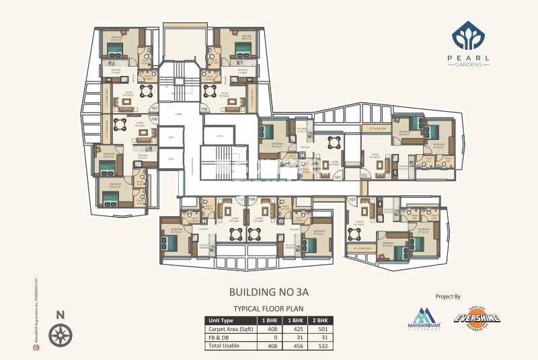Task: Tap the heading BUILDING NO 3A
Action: point(268,293)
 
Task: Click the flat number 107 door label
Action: point(154,108)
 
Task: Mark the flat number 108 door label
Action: point(204,108)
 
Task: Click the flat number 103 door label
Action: point(352,200)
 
